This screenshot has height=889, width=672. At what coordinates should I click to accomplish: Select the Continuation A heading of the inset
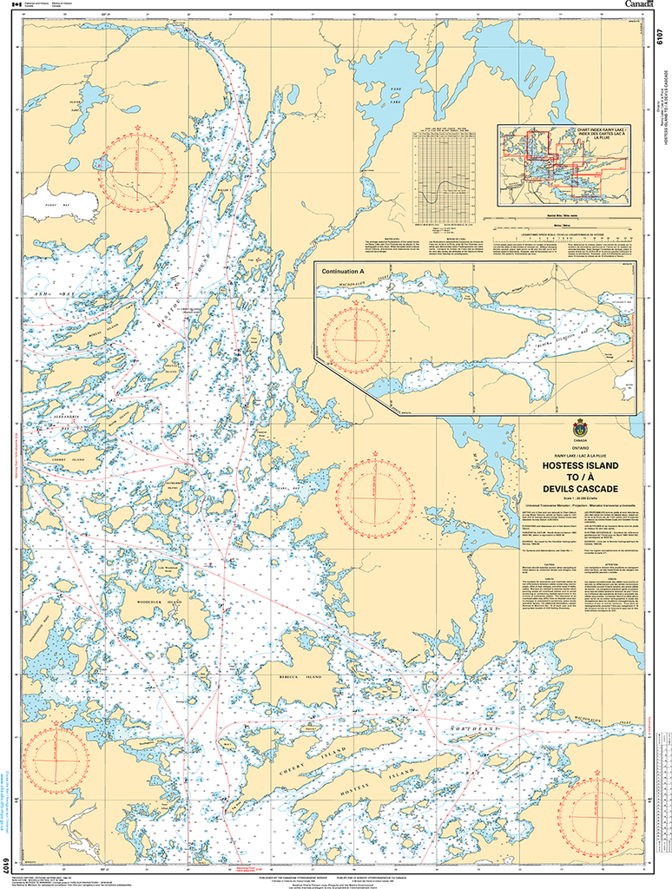click(346, 273)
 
